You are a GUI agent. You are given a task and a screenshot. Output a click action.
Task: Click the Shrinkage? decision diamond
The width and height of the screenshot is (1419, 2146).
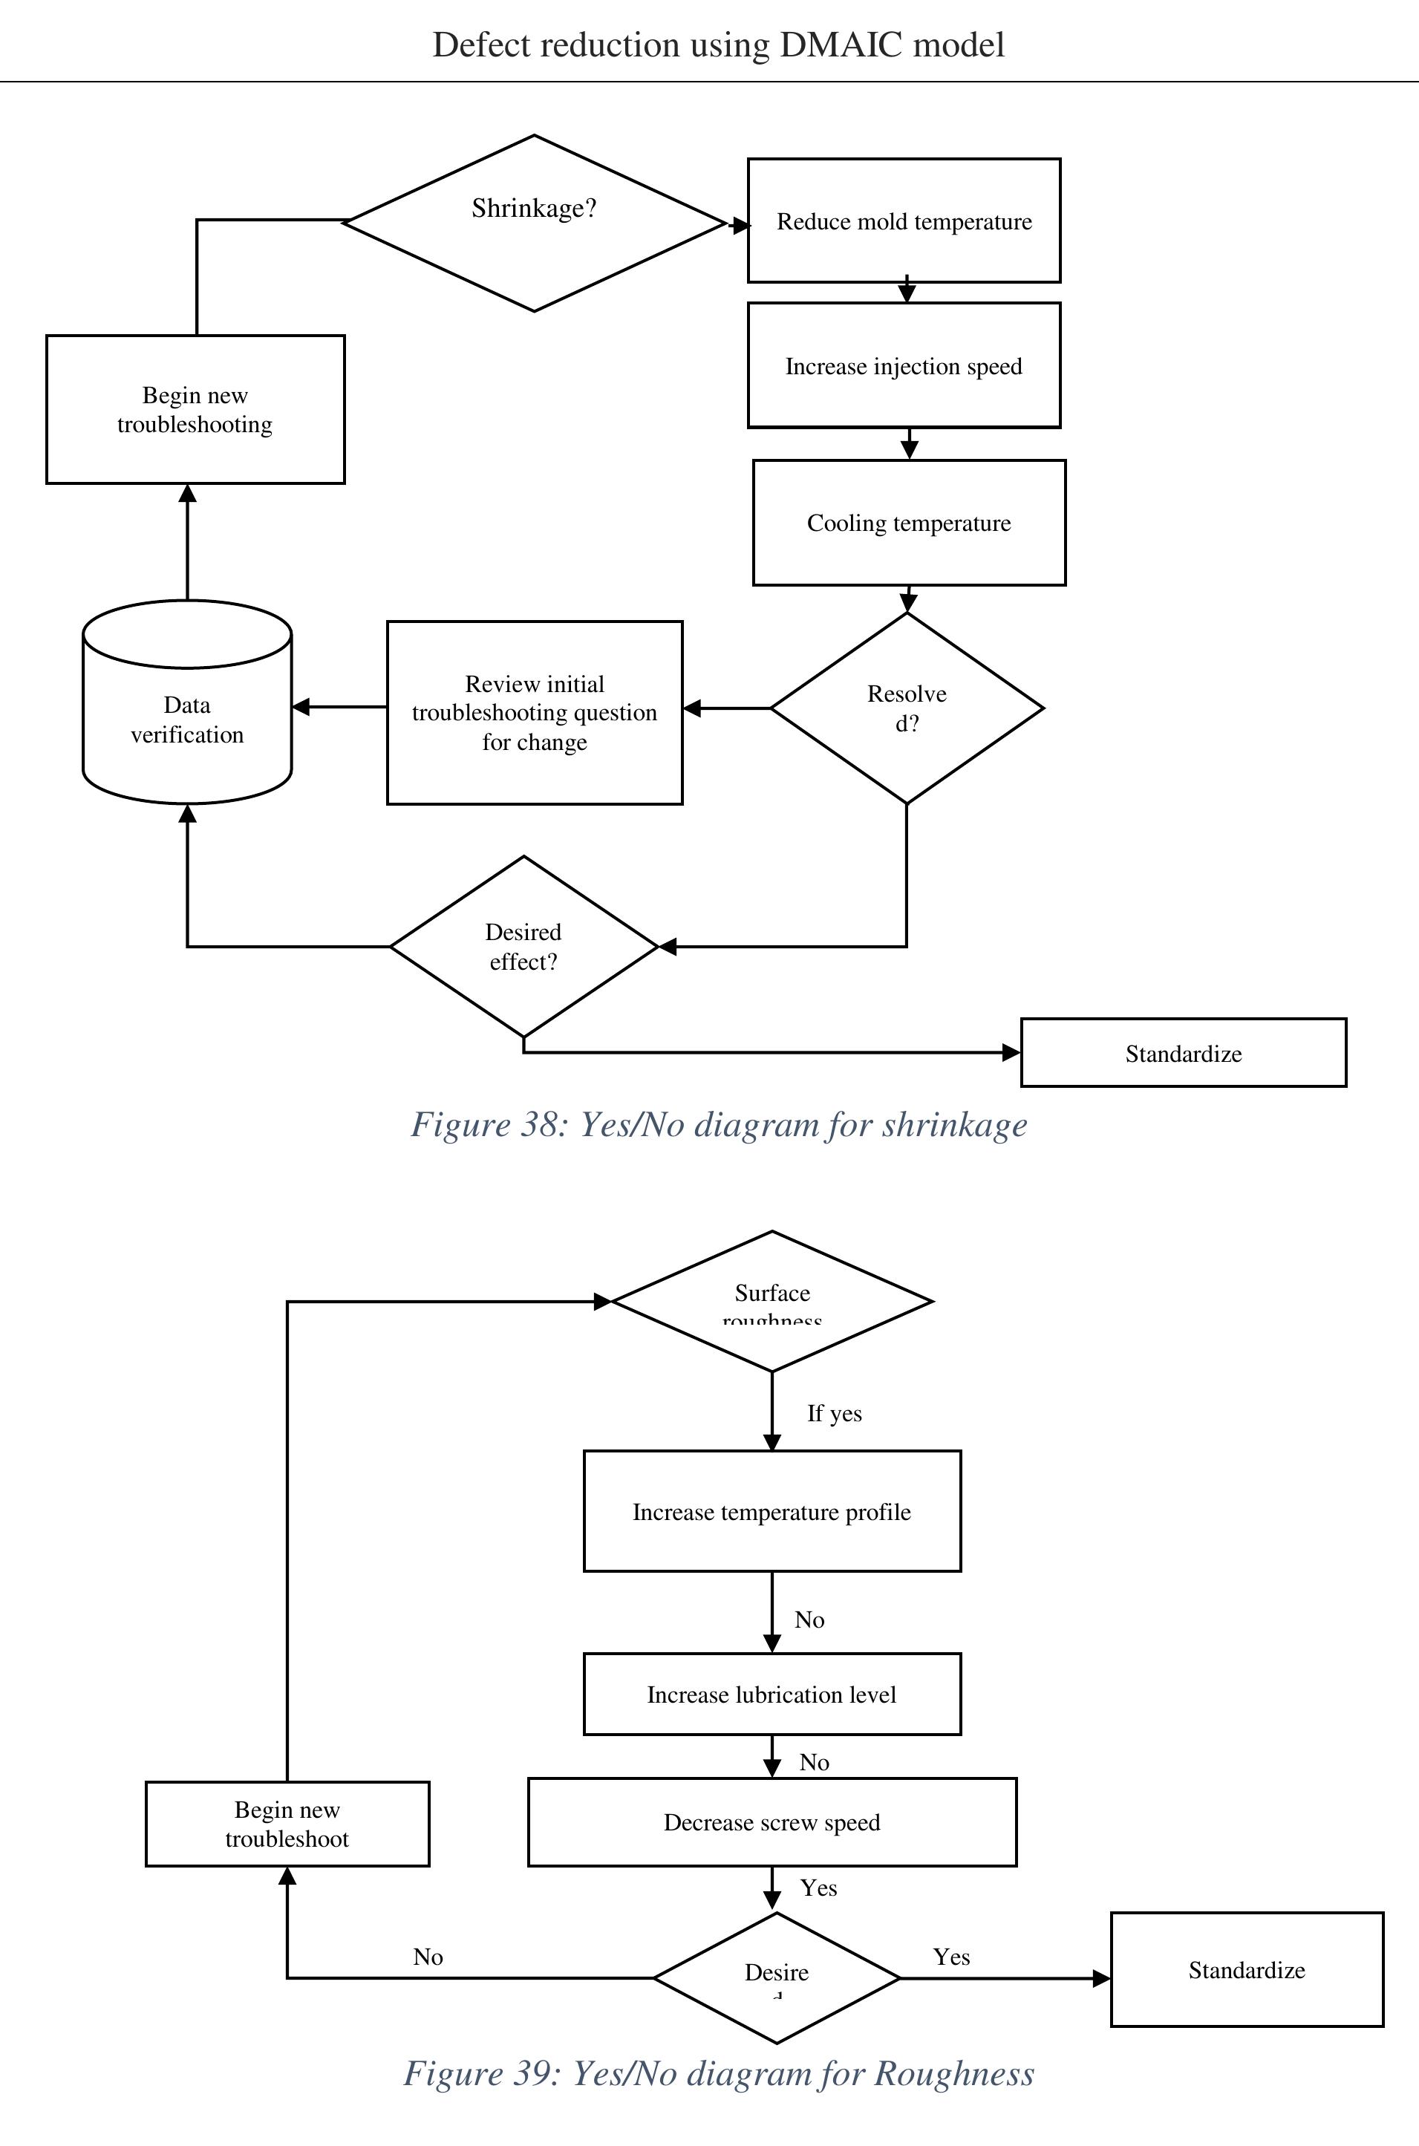(x=534, y=223)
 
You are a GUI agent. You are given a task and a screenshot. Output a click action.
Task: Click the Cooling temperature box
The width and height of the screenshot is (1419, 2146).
(x=909, y=523)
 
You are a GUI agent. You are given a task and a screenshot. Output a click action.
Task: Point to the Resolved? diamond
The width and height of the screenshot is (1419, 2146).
(x=907, y=708)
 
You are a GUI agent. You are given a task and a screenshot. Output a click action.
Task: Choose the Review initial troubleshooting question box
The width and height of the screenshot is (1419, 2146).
(x=534, y=713)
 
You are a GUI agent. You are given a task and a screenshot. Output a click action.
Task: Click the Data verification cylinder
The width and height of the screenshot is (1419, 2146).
(x=187, y=720)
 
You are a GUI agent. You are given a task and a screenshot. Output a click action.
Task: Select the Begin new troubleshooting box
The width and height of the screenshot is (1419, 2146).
(x=195, y=410)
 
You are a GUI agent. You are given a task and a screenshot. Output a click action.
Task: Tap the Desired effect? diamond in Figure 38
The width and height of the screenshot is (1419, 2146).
(x=523, y=946)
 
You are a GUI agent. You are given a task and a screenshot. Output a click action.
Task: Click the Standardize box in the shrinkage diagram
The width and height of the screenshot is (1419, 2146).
(x=1183, y=1053)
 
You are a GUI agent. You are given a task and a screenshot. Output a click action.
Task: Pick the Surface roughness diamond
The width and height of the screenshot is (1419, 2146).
(x=772, y=1301)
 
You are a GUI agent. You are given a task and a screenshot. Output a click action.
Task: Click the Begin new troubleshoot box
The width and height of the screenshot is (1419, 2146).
(x=287, y=1824)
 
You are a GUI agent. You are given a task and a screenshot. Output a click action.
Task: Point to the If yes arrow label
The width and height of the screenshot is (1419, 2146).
(x=835, y=1413)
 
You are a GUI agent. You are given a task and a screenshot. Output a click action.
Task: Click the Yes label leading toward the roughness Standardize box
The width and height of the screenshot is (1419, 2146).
(x=951, y=1957)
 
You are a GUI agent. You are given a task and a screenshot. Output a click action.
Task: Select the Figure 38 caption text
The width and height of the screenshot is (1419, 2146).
(x=719, y=1124)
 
